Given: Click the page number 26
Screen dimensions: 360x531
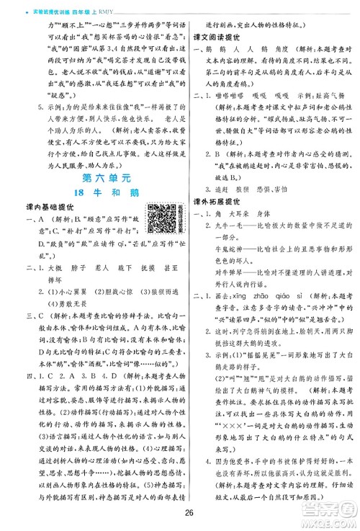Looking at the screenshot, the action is pyautogui.click(x=180, y=514).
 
